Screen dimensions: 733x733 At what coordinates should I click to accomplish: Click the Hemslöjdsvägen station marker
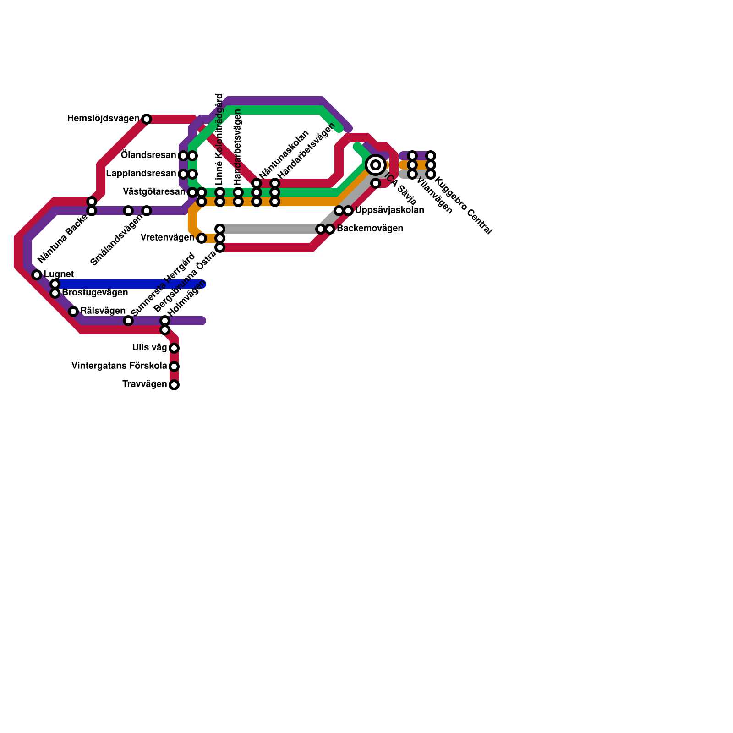[x=147, y=119]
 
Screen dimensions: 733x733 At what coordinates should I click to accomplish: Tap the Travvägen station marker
[x=174, y=385]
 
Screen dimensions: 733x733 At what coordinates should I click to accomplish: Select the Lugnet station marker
[x=37, y=275]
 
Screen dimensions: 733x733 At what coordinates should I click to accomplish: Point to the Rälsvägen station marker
[x=73, y=312]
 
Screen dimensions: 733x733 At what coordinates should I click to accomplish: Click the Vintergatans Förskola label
[x=119, y=366]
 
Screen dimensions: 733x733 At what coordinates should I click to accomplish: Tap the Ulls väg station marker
[x=174, y=348]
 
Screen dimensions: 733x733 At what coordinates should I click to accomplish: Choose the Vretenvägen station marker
[x=202, y=238]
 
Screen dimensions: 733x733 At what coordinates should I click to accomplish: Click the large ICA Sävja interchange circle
[x=376, y=165]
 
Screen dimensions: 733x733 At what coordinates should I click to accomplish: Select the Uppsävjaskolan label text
[x=389, y=211]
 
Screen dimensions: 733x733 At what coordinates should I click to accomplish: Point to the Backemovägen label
[x=370, y=229]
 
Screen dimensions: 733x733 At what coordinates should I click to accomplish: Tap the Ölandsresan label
[x=148, y=155]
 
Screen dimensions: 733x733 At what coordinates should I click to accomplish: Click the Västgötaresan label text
[x=154, y=192]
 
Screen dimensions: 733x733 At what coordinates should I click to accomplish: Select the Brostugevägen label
[x=95, y=293]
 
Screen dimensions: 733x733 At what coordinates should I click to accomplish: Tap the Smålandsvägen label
[x=116, y=241]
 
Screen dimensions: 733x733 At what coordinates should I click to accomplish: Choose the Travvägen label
[x=144, y=384]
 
